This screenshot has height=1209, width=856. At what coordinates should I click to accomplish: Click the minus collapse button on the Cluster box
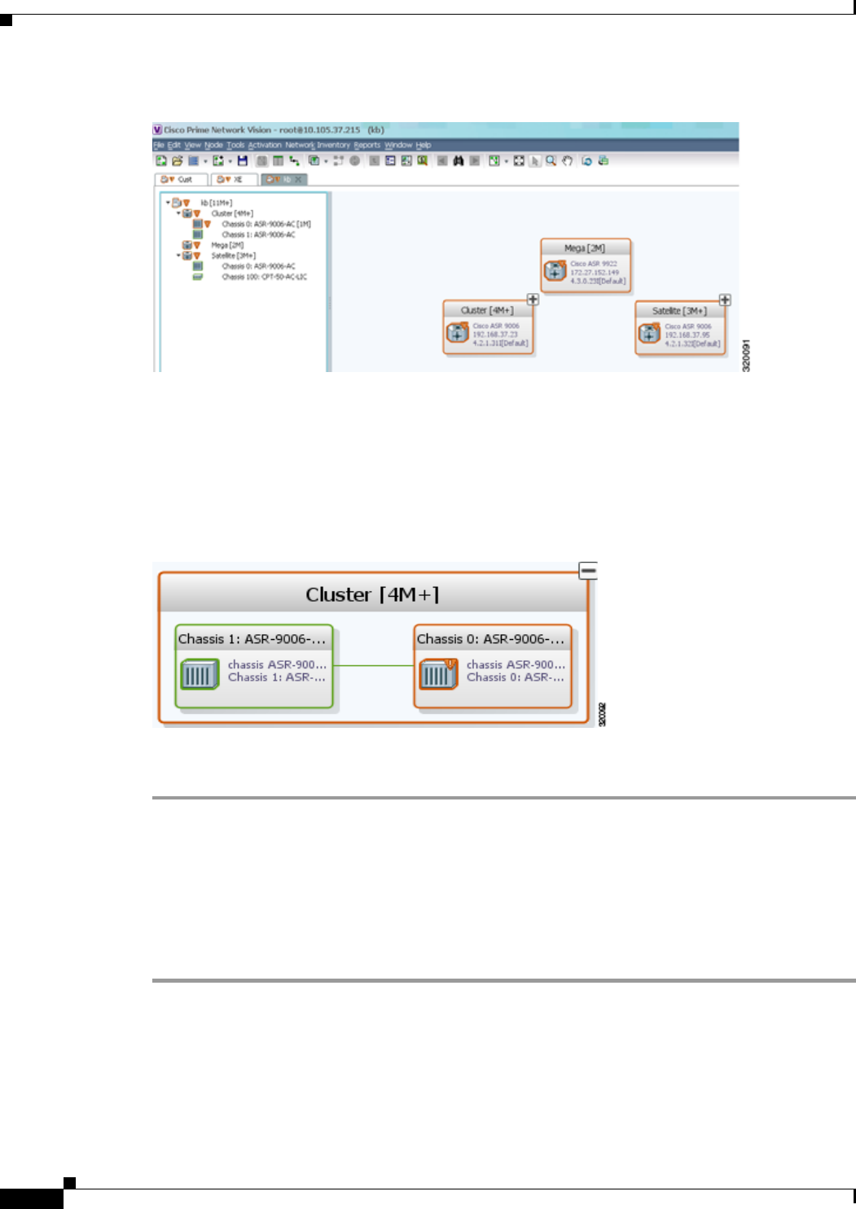pyautogui.click(x=588, y=571)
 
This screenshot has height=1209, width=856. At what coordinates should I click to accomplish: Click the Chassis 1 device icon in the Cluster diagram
pyautogui.click(x=200, y=674)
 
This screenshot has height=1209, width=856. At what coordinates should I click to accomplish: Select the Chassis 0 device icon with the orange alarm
pyautogui.click(x=438, y=674)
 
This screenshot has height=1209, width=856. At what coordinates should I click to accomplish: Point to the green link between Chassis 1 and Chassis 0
pyautogui.click(x=374, y=665)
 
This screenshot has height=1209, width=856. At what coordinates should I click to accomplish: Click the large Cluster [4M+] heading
pyautogui.click(x=372, y=595)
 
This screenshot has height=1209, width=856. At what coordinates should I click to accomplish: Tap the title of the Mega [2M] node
pyautogui.click(x=585, y=248)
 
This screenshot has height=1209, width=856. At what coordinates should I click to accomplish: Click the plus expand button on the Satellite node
pyautogui.click(x=725, y=300)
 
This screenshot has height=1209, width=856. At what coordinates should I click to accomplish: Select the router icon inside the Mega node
pyautogui.click(x=555, y=270)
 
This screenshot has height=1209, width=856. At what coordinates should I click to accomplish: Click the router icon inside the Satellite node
pyautogui.click(x=649, y=333)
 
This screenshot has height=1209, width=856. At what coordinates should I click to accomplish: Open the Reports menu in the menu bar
pyautogui.click(x=367, y=145)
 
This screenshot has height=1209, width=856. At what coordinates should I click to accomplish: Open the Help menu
pyautogui.click(x=424, y=145)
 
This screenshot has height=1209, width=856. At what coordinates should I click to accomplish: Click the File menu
pyautogui.click(x=159, y=145)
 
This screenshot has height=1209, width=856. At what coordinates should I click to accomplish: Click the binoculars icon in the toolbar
pyautogui.click(x=458, y=161)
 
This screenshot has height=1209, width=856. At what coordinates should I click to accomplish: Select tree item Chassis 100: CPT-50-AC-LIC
pyautogui.click(x=264, y=277)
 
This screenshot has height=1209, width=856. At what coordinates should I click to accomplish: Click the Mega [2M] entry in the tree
pyautogui.click(x=227, y=245)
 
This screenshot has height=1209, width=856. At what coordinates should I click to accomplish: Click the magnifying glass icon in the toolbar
pyautogui.click(x=551, y=161)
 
